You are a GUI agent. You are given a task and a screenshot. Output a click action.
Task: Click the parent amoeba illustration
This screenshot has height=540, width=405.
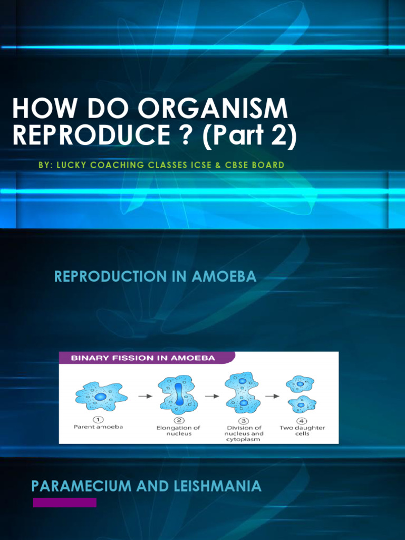(x=101, y=396)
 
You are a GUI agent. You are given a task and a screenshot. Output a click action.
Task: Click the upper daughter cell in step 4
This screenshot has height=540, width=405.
(x=300, y=383)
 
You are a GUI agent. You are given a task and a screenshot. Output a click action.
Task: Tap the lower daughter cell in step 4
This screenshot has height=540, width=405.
(x=302, y=404)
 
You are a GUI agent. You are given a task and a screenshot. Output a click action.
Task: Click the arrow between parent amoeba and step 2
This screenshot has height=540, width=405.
(x=142, y=396)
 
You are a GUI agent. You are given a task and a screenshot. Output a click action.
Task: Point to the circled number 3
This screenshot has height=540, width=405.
(x=243, y=420)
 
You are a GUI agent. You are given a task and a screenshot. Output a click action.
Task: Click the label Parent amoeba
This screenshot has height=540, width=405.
(x=98, y=427)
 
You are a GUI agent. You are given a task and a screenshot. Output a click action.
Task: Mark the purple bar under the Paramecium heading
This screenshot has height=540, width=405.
(x=64, y=502)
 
